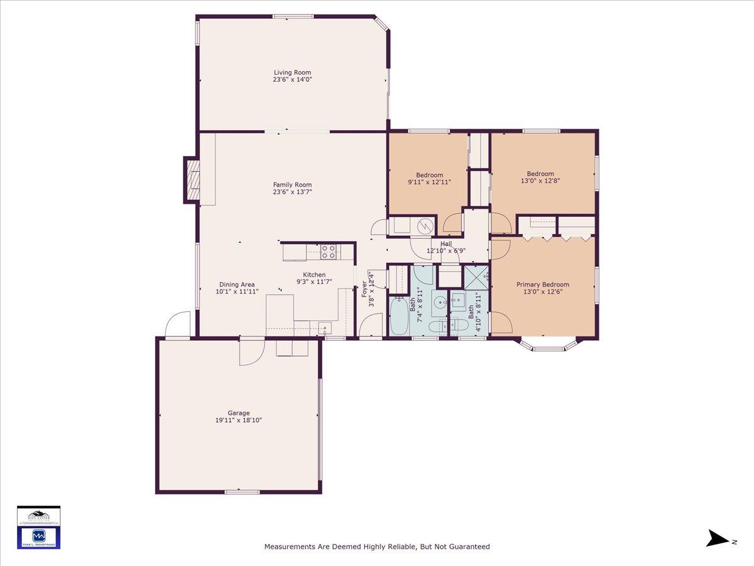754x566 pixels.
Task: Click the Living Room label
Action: click(x=292, y=72)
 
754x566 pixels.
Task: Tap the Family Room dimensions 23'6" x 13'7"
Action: click(x=292, y=192)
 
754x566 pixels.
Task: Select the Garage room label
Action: click(x=239, y=413)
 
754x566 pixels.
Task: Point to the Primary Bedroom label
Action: click(x=543, y=284)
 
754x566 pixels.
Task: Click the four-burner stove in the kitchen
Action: click(x=328, y=252)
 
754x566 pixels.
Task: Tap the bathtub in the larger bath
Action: click(x=399, y=318)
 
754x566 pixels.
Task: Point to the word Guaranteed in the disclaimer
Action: click(x=467, y=547)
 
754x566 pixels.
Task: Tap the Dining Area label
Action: click(x=237, y=284)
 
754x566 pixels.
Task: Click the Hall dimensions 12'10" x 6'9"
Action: click(x=446, y=251)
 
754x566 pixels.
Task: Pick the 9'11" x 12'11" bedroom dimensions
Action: click(x=429, y=182)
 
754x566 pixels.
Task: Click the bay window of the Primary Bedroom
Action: click(x=549, y=345)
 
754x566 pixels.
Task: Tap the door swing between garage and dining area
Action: click(x=249, y=352)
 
